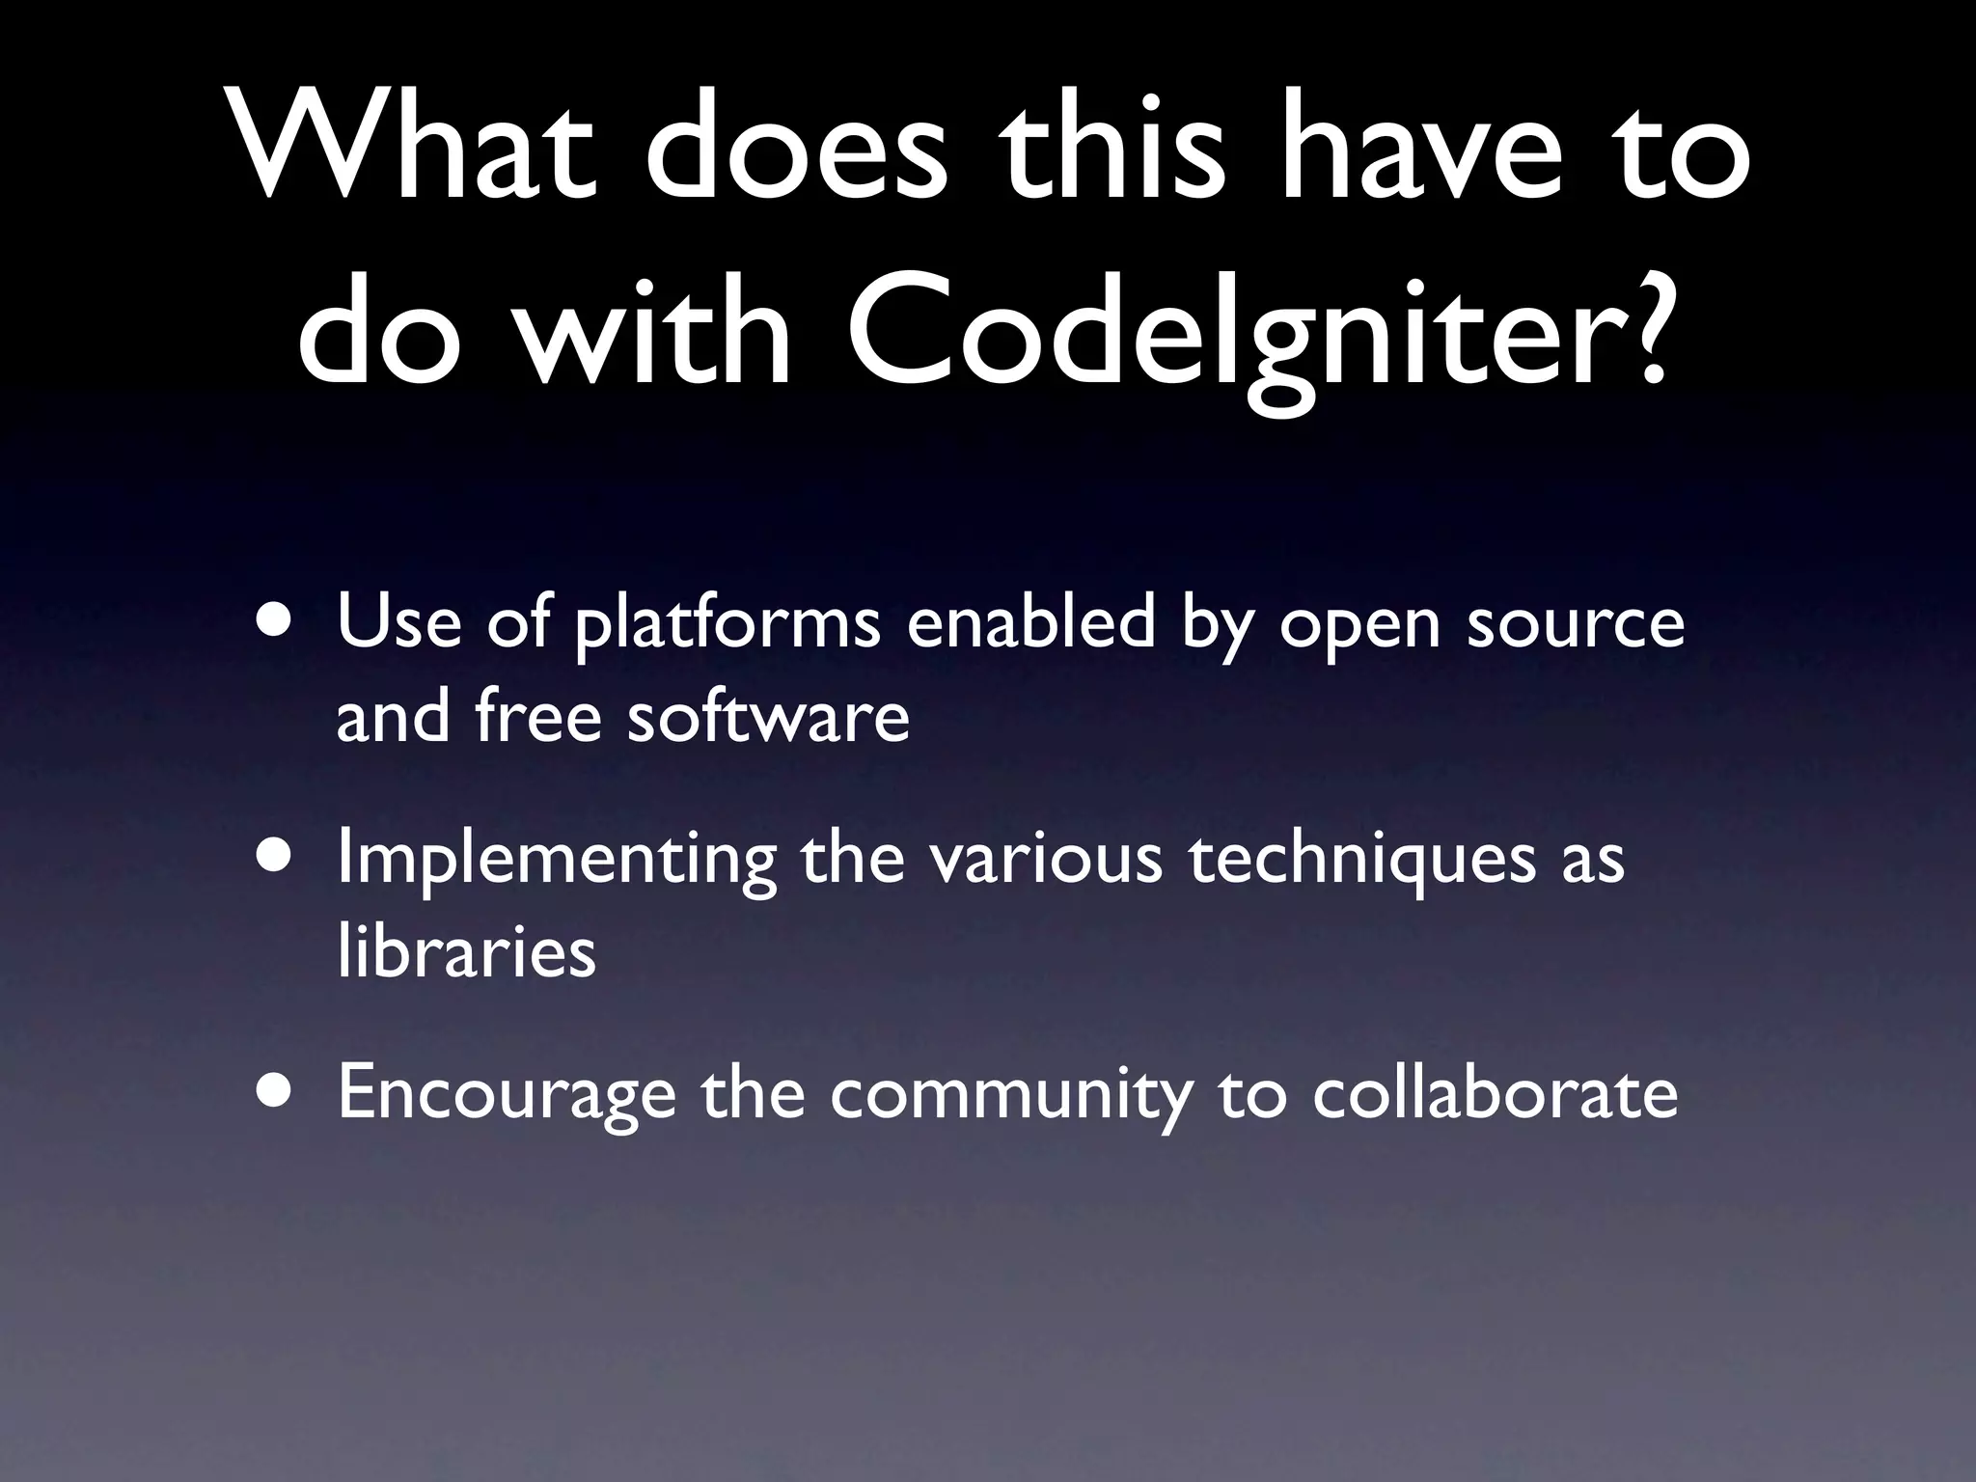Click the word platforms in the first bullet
727,625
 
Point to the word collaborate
1495,1091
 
